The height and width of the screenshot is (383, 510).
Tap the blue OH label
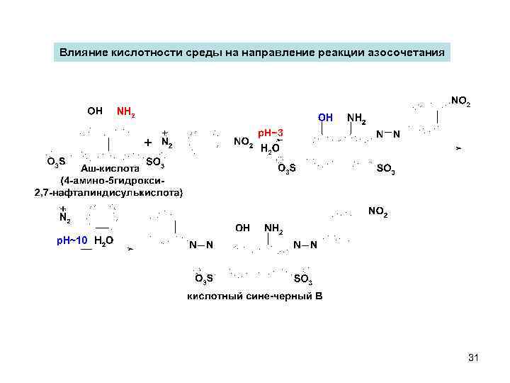click(x=325, y=116)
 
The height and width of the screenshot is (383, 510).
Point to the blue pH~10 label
click(x=72, y=240)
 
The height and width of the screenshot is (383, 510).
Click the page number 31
click(x=474, y=358)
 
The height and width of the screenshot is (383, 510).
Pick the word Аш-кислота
click(x=110, y=169)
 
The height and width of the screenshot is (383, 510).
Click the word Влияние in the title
click(x=81, y=52)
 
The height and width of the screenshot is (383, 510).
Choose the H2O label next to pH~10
click(x=103, y=241)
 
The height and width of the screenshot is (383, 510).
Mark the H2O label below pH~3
click(x=270, y=149)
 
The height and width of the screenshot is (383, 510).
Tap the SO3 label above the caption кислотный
click(x=302, y=278)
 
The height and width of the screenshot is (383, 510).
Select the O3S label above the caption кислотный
click(x=205, y=277)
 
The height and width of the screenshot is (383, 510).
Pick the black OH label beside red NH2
click(x=94, y=111)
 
